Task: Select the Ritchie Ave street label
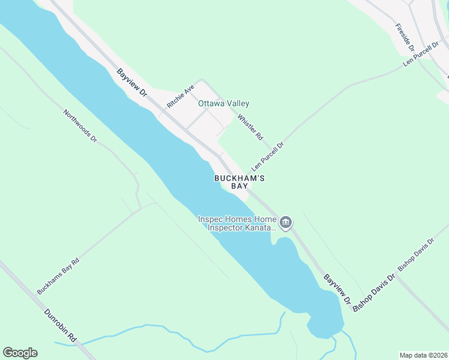coord(181,95)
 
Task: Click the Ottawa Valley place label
coord(224,104)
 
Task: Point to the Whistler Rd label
coord(250,127)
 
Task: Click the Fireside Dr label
coord(405,37)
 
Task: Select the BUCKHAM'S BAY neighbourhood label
coord(240,182)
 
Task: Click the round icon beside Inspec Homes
coord(286,223)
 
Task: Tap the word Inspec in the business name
coord(211,219)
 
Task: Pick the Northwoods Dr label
coord(80,125)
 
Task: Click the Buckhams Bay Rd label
coord(58,277)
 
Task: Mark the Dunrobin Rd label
coord(61,326)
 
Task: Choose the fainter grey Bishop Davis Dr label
coord(415,257)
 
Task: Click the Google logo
coord(20,353)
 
